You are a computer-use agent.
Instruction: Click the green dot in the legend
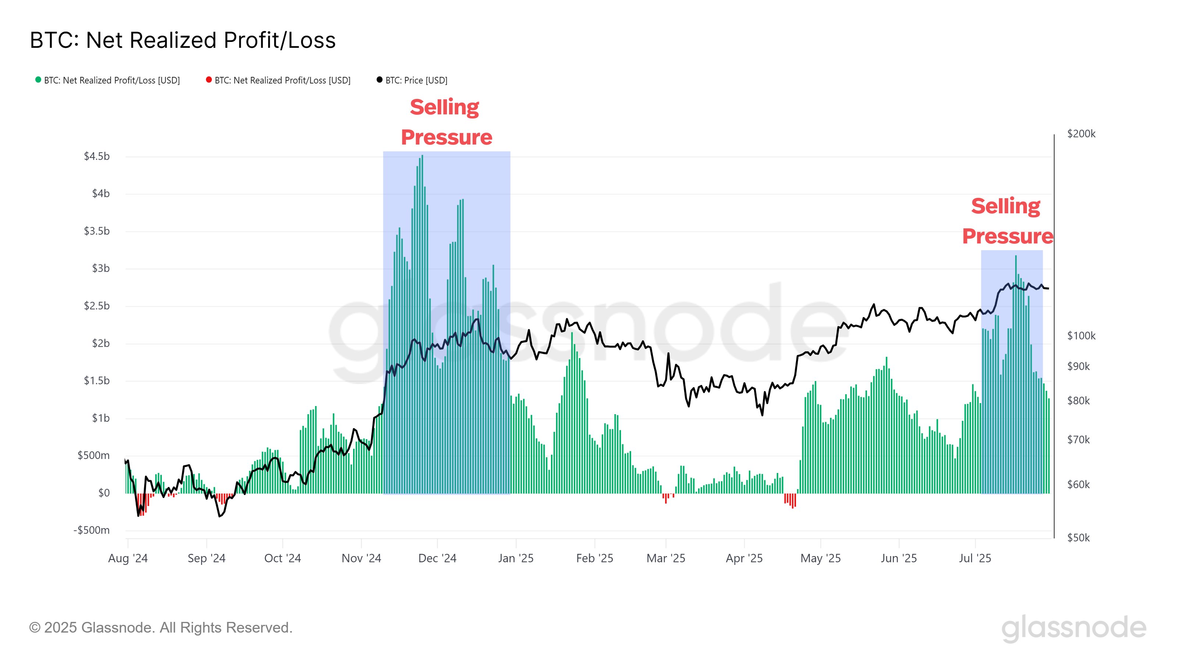coord(38,80)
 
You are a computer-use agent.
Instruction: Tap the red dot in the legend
coord(209,80)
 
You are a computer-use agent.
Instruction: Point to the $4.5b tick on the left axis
coord(97,156)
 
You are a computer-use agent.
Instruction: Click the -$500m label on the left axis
coord(92,530)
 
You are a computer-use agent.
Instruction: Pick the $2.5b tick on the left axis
coord(97,306)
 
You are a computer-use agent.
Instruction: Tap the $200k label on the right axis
coord(1081,134)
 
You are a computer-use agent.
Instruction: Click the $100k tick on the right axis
coord(1081,336)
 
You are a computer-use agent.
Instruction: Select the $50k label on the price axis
coord(1078,538)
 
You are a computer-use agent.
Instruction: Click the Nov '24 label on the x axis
coord(362,558)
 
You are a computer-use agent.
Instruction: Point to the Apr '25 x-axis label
coord(744,558)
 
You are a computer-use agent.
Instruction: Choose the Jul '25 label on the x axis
coord(975,558)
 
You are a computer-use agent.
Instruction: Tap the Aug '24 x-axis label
coord(128,558)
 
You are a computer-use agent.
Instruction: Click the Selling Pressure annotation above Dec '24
coord(446,122)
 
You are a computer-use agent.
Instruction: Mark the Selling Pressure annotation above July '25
coord(1007,221)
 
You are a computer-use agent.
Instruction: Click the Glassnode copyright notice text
coord(161,628)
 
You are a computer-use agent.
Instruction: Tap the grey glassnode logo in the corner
coord(1074,629)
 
